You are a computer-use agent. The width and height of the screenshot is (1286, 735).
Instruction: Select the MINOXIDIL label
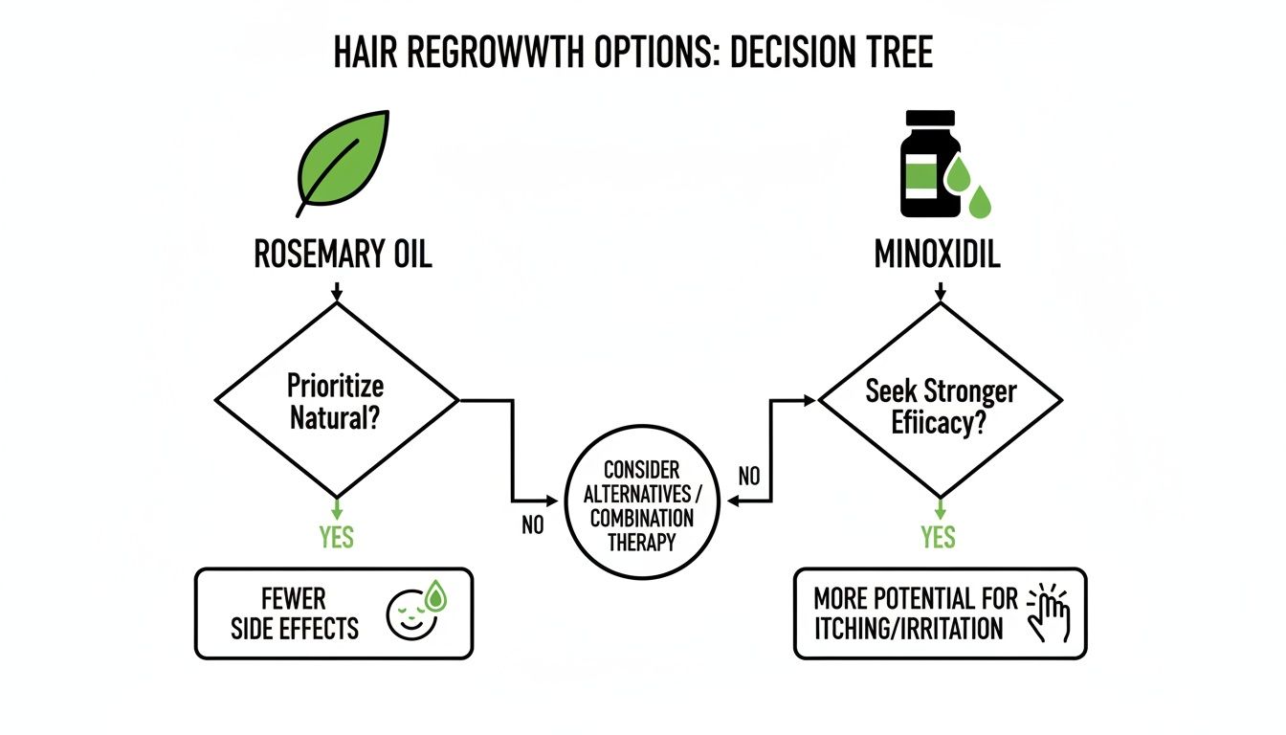(x=937, y=256)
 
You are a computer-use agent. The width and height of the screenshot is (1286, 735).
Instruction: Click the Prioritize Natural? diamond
(x=336, y=400)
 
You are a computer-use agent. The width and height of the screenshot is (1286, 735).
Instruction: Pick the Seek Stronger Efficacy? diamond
(x=941, y=400)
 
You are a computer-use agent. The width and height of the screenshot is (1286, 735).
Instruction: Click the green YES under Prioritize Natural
(x=337, y=537)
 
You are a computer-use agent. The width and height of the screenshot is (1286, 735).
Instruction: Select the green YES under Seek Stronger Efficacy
(x=939, y=537)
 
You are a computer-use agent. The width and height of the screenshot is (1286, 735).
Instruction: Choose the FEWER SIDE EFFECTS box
(x=334, y=613)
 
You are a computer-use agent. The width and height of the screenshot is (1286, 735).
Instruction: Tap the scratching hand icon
(x=1048, y=612)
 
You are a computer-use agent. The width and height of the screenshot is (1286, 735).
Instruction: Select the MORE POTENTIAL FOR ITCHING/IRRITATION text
(x=915, y=613)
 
